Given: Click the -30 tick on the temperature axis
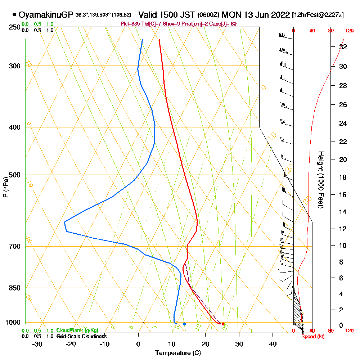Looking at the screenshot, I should pyautogui.click(x=37, y=344).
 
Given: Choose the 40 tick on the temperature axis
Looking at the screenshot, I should pyautogui.click(x=273, y=344).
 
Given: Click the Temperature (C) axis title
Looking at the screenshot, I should pyautogui.click(x=178, y=353).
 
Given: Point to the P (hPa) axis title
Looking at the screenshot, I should pyautogui.click(x=5, y=187).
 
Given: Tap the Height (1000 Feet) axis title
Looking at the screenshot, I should pyautogui.click(x=320, y=180).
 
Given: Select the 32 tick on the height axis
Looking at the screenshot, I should pyautogui.click(x=343, y=46).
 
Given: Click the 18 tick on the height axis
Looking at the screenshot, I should pyautogui.click(x=343, y=177).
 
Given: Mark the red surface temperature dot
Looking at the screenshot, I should pyautogui.click(x=223, y=324).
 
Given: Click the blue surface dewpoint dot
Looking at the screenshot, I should pyautogui.click(x=184, y=324).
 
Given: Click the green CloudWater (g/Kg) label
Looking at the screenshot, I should pyautogui.click(x=77, y=330).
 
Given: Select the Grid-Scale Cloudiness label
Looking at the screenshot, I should pyautogui.click(x=81, y=336).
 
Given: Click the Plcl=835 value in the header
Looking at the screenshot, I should pyautogui.click(x=129, y=24).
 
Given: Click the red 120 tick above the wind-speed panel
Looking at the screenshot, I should pyautogui.click(x=349, y=31).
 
